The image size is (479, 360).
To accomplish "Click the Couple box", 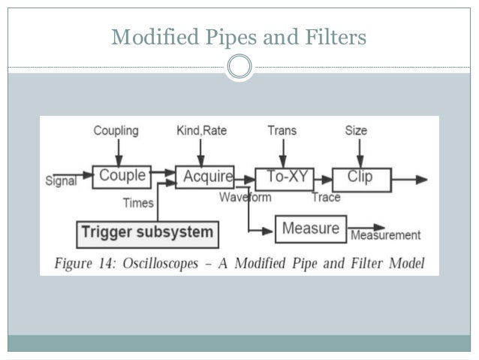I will [x=122, y=177].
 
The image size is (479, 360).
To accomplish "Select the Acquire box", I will [x=205, y=177].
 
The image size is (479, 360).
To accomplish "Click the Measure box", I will [x=311, y=228].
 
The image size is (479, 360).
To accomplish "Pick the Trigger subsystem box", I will [x=148, y=232].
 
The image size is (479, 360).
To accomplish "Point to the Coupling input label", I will [x=116, y=131].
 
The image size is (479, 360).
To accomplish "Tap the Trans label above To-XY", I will [x=282, y=131].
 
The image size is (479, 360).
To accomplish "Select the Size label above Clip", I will [x=356, y=131].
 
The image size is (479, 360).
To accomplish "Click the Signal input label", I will [x=62, y=182].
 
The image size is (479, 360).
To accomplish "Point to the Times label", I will [x=139, y=203].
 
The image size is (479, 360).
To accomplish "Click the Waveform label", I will [x=246, y=198].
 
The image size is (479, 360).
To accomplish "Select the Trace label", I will [x=326, y=198].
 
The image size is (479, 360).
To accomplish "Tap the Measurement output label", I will [x=386, y=236].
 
